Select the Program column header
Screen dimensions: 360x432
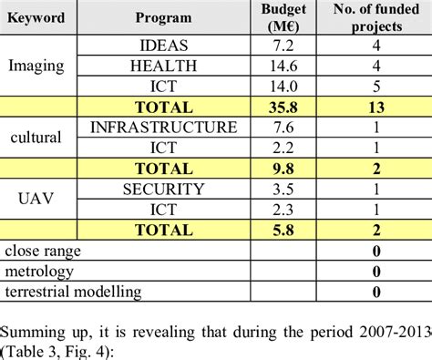(163, 17)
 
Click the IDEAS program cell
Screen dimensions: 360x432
(164, 45)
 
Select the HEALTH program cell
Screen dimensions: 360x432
(164, 65)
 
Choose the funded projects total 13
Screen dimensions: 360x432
(373, 106)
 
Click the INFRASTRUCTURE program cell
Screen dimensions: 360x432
(164, 127)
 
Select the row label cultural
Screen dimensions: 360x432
(36, 138)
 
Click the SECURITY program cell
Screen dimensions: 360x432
(164, 189)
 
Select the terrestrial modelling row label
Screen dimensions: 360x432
(74, 292)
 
